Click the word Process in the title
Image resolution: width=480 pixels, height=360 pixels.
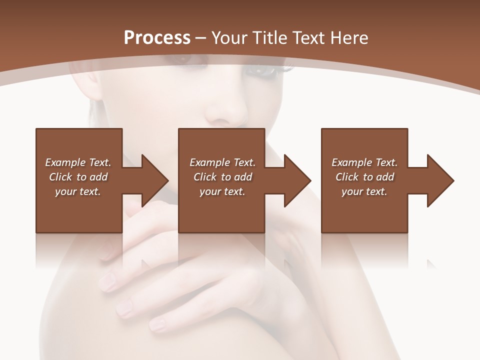click(x=157, y=38)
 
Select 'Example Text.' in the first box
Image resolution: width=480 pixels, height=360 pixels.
click(x=78, y=162)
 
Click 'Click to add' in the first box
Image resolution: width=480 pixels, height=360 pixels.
click(x=78, y=177)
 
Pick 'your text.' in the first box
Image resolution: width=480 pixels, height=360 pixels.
click(x=78, y=191)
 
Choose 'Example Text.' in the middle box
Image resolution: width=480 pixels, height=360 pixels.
click(x=222, y=162)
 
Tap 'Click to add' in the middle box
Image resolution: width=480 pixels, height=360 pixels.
click(x=222, y=177)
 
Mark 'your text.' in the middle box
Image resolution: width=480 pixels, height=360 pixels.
click(x=222, y=191)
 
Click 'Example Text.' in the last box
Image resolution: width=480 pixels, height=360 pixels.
click(x=364, y=162)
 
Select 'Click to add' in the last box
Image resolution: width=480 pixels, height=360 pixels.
click(x=364, y=177)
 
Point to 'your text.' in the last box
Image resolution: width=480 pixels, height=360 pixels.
click(x=364, y=191)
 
